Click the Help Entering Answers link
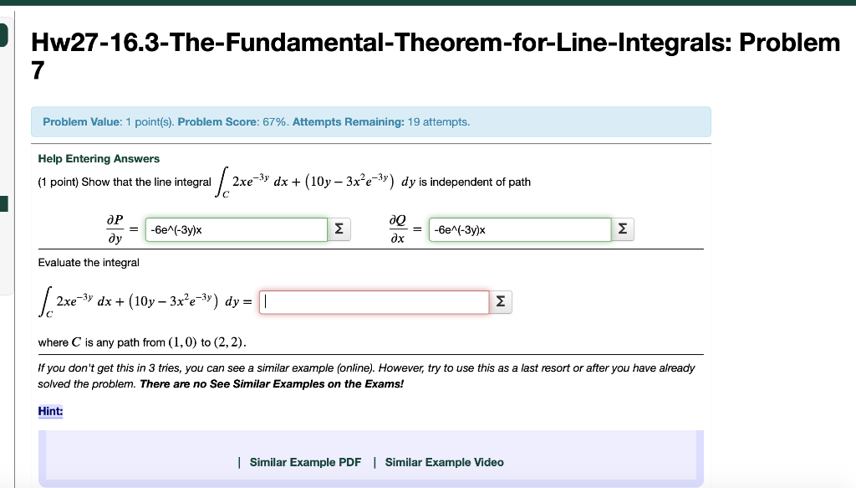click(x=99, y=158)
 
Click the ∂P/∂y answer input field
click(x=236, y=229)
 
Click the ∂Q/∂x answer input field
click(x=519, y=229)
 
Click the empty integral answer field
click(x=374, y=302)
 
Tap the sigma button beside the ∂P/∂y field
click(x=338, y=229)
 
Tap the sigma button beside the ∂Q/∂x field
click(x=622, y=229)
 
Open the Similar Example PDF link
click(x=305, y=462)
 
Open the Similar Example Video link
click(x=444, y=462)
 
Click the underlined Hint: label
click(x=50, y=411)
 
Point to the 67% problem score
click(x=273, y=122)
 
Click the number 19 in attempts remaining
click(x=414, y=122)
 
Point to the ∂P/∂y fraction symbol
click(x=115, y=229)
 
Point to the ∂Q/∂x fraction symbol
click(x=398, y=229)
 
